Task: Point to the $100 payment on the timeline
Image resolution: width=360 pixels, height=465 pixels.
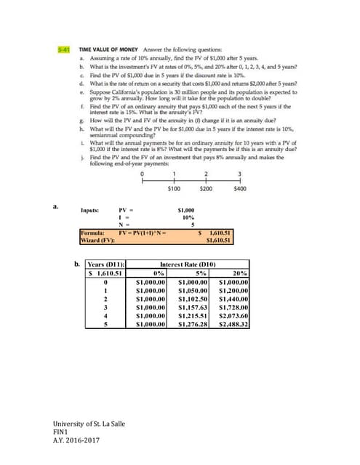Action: click(x=174, y=188)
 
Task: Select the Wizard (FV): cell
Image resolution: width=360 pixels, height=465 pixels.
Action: click(x=95, y=239)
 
